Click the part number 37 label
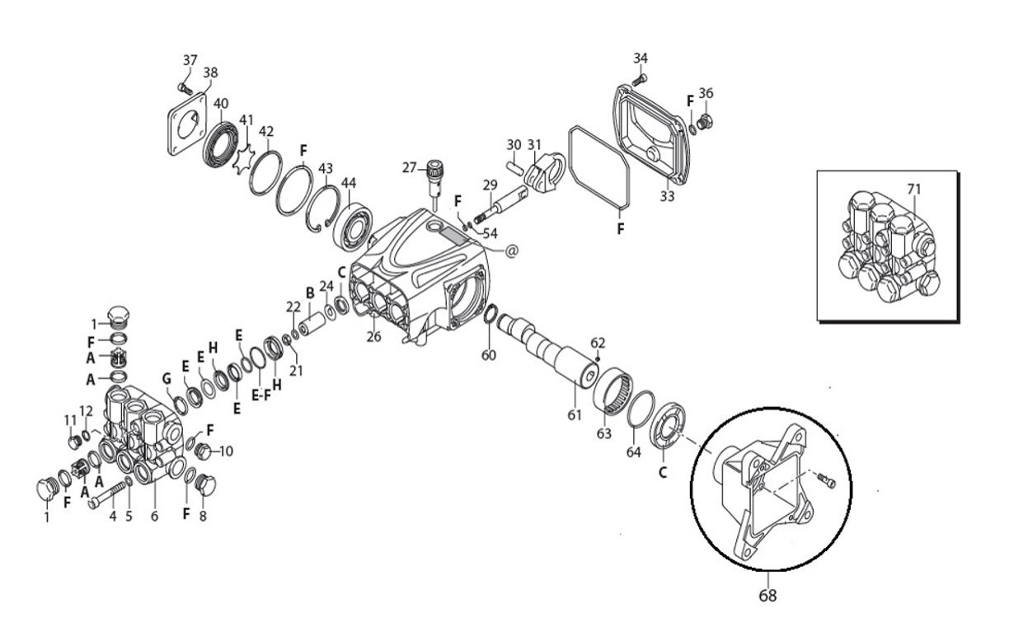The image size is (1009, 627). (190, 60)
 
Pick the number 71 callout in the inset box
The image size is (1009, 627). (913, 190)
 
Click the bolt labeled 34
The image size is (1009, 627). (641, 79)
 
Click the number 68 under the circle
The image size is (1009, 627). (767, 594)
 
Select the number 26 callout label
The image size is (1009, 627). (374, 336)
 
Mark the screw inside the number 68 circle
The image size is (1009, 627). (828, 480)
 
